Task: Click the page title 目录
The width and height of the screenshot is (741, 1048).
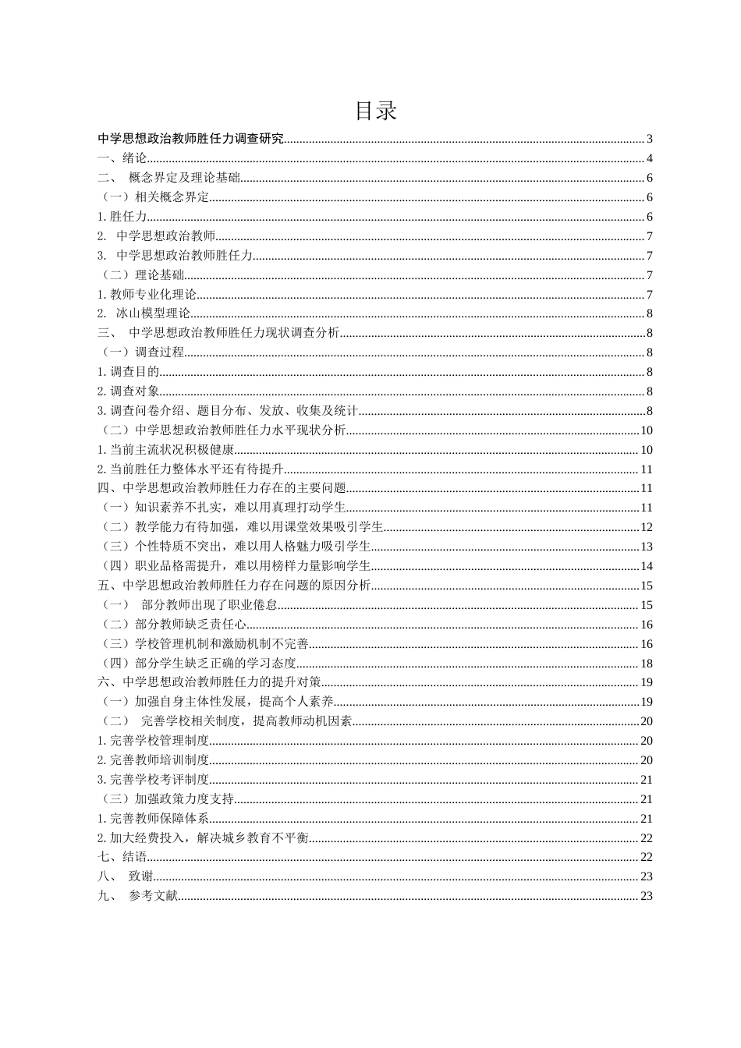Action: [375, 111]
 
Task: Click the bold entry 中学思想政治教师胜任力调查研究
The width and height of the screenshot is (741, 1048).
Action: [191, 140]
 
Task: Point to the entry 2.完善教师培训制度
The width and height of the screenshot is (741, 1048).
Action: [154, 760]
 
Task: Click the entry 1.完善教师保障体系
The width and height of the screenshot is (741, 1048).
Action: [154, 819]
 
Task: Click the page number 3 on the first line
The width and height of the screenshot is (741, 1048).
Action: [649, 140]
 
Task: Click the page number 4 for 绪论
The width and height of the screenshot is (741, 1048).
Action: [649, 159]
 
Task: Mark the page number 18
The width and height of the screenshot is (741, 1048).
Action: [646, 664]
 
